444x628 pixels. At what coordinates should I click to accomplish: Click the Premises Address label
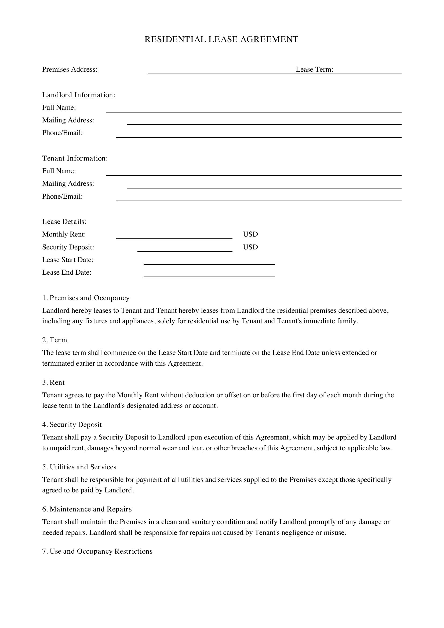click(70, 70)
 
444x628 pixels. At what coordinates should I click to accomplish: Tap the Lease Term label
click(314, 70)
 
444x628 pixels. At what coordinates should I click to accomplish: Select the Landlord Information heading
click(79, 95)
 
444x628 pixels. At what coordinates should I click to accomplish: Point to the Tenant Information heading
click(75, 158)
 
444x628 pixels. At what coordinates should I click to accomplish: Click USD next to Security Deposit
click(250, 247)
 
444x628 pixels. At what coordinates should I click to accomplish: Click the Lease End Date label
click(67, 273)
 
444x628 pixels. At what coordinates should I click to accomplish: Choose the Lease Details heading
click(64, 222)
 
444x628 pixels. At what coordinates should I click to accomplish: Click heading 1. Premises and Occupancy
click(86, 298)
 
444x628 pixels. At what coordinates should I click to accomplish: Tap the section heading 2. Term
click(55, 340)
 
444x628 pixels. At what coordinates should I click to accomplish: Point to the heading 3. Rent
click(54, 383)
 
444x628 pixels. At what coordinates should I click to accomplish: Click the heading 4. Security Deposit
click(72, 425)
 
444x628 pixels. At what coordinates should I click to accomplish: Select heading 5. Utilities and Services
click(79, 467)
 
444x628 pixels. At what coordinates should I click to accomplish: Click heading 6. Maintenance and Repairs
click(87, 509)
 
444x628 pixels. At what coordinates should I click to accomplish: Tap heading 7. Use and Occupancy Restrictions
click(97, 551)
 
